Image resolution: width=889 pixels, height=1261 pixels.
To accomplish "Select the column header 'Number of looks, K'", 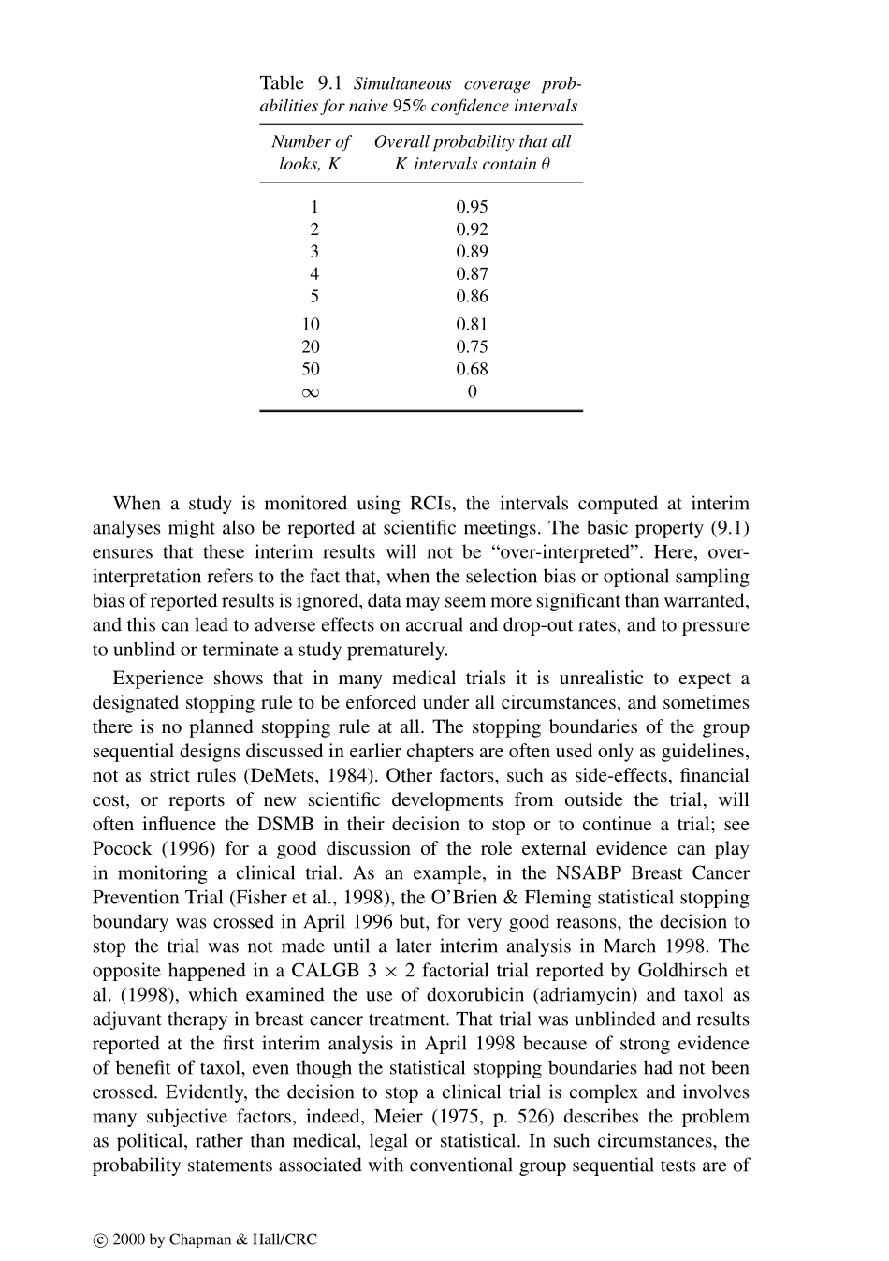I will [311, 153].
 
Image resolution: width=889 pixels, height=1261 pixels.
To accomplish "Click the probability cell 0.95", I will [472, 207].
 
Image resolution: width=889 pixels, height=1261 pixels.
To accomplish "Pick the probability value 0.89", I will [472, 252].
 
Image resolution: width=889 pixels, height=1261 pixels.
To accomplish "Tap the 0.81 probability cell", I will [472, 325].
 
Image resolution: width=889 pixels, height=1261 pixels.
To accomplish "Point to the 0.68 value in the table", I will [472, 370].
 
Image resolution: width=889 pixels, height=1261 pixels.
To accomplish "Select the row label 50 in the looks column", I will [311, 370].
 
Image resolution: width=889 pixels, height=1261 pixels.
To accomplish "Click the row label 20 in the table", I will [311, 347].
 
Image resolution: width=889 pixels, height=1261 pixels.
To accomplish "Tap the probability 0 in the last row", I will [472, 392].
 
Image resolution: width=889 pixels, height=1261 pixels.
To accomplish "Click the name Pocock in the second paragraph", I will [122, 849].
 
